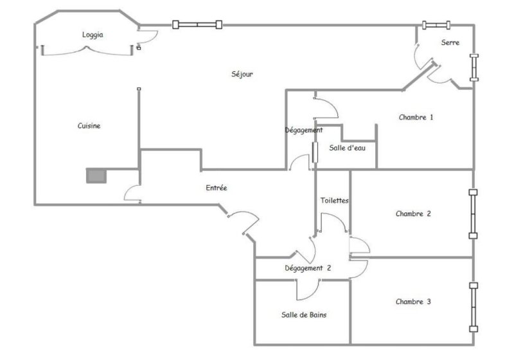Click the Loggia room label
coord(93,35)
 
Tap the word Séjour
coord(242,74)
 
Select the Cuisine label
coord(89,125)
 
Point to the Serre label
coord(450,42)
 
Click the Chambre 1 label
coord(416,117)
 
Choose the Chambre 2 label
coord(413,214)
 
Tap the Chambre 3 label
coord(413,301)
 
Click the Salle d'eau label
coord(347,148)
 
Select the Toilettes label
coord(334,201)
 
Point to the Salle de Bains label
coord(304,315)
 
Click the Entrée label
coord(217,188)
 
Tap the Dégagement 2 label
coord(308,268)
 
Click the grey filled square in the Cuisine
coord(96,176)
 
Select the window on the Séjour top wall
coord(197,24)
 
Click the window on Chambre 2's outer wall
coord(473,214)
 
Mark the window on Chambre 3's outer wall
coord(473,307)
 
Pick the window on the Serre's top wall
coord(436,25)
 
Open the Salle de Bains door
coord(308,290)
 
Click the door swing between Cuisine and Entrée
coord(132,194)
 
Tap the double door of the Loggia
coord(87,51)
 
